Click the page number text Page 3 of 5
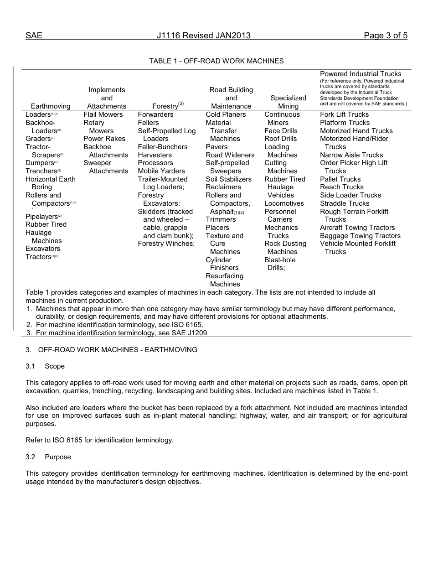pos(385,36)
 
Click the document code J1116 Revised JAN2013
pos(204,36)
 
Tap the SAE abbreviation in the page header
pos(34,36)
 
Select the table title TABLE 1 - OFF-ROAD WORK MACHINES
pos(216,61)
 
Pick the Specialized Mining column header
pos(288,102)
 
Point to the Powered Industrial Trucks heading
pos(361,74)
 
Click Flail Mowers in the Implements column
pos(103,114)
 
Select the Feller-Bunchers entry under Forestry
pos(163,147)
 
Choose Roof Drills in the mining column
pos(280,139)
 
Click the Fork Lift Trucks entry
pos(344,114)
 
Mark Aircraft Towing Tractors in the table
pos(357,228)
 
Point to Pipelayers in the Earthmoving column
pos(41,217)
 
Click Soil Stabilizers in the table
pos(228,179)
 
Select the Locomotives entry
pos(284,203)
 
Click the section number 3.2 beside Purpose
pos(31,457)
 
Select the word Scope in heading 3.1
pos(55,366)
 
